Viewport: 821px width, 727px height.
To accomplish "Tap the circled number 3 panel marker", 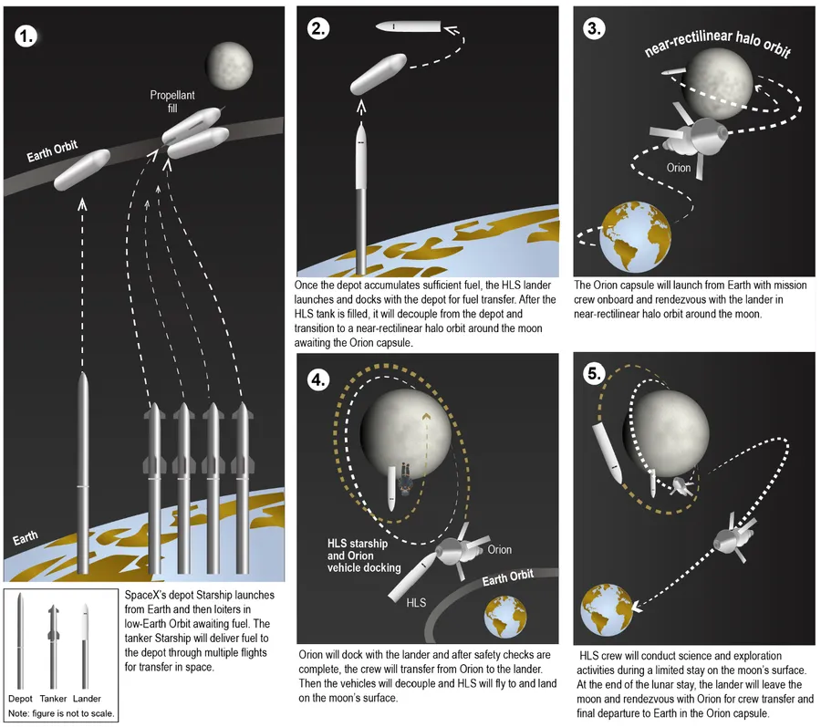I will [595, 28].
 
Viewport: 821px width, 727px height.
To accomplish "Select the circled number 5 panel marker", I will [594, 373].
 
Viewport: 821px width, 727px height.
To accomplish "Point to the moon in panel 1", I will [223, 62].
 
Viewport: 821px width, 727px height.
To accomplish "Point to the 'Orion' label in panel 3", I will [678, 168].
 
